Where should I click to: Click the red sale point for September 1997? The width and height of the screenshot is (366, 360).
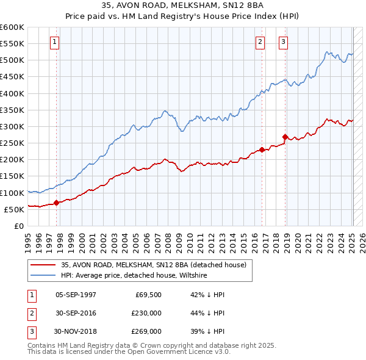tap(56, 203)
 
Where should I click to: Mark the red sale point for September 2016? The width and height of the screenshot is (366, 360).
tap(262, 149)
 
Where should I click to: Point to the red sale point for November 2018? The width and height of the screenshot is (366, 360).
tap(285, 137)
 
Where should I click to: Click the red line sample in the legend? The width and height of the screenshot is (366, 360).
tap(43, 265)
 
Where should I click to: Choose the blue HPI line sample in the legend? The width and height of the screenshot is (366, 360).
tap(43, 275)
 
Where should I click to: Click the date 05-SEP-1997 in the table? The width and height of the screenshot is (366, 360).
tap(76, 295)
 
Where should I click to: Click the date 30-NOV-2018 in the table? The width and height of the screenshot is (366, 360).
tap(76, 331)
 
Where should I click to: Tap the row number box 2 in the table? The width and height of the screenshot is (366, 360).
tap(30, 313)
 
